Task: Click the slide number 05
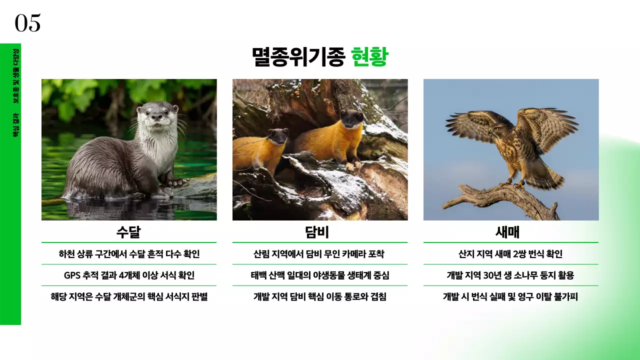[27, 23]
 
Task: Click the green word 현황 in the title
[369, 57]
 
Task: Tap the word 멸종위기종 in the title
[298, 57]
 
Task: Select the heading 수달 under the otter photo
[128, 232]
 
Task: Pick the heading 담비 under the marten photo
[319, 232]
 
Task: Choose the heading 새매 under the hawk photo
[510, 232]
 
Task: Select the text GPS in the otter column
[72, 275]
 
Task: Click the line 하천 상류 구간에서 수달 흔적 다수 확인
[129, 254]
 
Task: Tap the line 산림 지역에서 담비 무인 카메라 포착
[319, 254]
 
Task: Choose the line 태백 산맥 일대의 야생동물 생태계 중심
[319, 275]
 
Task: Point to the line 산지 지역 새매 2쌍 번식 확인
[510, 254]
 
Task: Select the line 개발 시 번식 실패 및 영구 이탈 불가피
[510, 297]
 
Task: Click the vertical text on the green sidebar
[16, 92]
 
